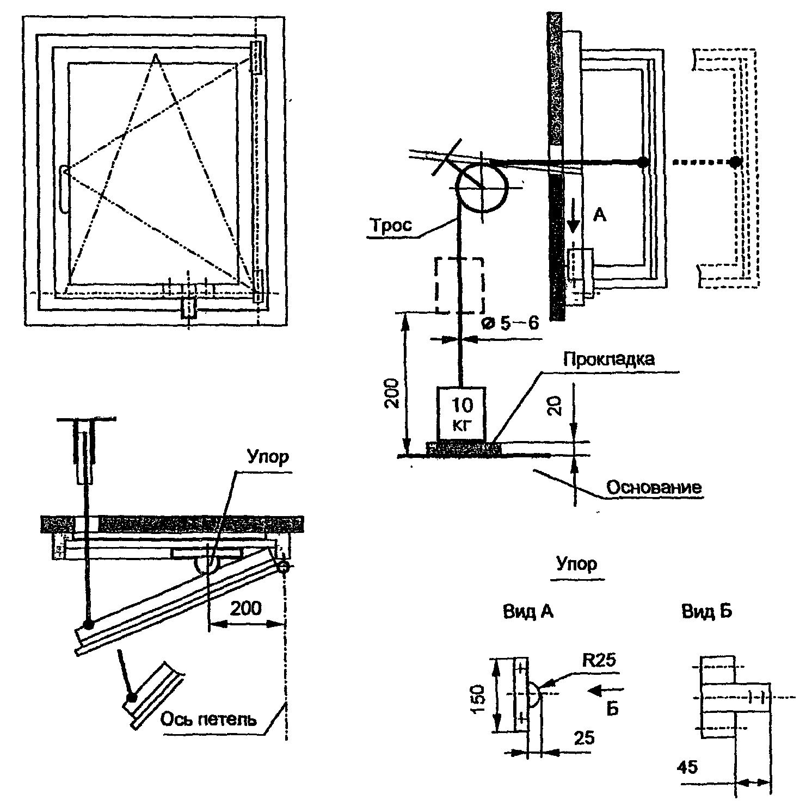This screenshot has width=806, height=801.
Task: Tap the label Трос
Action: (x=390, y=226)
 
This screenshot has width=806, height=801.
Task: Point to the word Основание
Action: (x=654, y=487)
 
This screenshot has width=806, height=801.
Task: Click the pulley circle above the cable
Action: (x=482, y=188)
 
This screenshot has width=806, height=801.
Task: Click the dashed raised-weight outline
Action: (x=459, y=285)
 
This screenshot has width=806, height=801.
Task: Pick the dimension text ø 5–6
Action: (x=510, y=324)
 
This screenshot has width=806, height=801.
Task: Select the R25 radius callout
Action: (x=599, y=660)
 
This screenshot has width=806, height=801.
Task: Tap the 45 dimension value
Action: (x=687, y=767)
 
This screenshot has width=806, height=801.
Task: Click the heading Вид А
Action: (x=528, y=612)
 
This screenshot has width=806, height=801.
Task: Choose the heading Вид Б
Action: (x=706, y=612)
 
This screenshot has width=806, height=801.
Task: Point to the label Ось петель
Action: (x=208, y=719)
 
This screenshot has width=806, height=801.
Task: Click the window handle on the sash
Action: (x=63, y=189)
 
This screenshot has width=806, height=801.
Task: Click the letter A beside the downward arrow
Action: (x=599, y=216)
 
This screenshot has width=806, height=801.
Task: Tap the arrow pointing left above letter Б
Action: (x=605, y=691)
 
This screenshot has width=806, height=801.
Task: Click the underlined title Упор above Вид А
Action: (x=576, y=564)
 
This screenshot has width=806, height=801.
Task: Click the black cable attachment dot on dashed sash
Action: (x=735, y=162)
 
